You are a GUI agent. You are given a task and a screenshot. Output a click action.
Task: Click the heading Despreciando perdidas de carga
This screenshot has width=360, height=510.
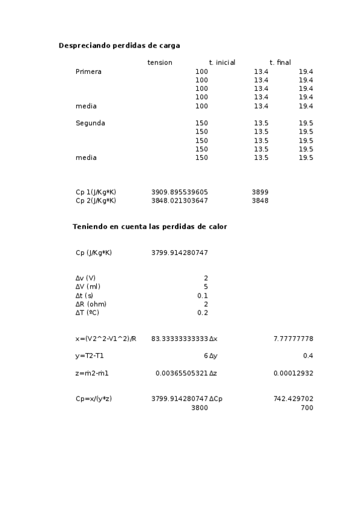click(x=119, y=46)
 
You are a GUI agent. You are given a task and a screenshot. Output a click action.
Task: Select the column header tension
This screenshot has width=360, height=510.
click(x=159, y=63)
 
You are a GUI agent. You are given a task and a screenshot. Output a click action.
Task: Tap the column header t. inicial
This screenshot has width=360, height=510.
click(x=222, y=63)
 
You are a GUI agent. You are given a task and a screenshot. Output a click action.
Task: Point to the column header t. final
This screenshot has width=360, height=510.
click(x=280, y=63)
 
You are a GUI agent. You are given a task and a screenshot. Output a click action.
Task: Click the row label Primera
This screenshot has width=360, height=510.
click(x=88, y=72)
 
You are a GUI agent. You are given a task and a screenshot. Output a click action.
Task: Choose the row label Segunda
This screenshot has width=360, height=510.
click(x=90, y=123)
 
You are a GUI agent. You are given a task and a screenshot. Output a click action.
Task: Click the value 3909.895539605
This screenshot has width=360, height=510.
click(x=180, y=192)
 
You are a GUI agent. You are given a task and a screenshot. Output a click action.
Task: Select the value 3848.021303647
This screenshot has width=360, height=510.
click(x=180, y=200)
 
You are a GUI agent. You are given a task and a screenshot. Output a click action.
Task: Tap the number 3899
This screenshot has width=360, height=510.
click(x=260, y=192)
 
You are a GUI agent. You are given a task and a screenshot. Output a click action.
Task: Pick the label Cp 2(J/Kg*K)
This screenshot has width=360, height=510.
click(x=96, y=200)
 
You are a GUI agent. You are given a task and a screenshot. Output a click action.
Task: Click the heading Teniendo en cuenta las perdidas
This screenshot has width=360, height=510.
click(x=150, y=227)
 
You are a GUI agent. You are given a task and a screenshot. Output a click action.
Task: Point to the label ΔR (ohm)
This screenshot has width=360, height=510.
click(x=91, y=304)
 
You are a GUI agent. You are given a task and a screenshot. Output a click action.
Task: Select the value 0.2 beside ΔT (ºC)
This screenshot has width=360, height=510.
click(x=203, y=313)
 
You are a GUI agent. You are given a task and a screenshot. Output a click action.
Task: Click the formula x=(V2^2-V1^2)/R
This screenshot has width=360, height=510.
click(x=106, y=339)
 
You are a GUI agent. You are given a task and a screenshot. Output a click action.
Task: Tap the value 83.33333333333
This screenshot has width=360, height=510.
click(x=180, y=339)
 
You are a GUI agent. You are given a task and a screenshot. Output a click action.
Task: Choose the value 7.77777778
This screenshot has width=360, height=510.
click(x=293, y=339)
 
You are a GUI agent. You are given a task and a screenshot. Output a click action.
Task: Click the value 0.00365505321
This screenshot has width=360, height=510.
click(x=182, y=373)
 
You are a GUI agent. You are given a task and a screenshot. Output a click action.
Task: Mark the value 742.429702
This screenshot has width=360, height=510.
click(x=293, y=399)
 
